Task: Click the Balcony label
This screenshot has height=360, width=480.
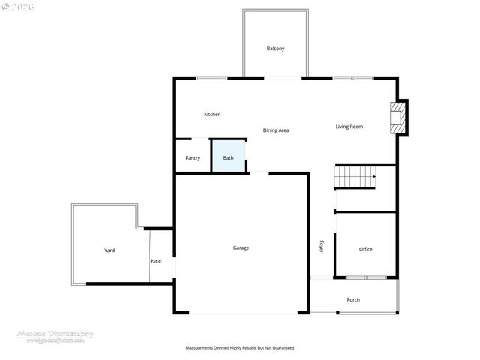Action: pos(275,49)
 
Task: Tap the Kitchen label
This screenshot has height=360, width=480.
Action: pos(212,115)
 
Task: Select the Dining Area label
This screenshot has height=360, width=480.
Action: pos(276,130)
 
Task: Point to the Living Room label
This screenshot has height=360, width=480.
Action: pos(349,127)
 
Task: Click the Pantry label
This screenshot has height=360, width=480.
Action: pos(193,158)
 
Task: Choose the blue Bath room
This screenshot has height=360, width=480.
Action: pos(229,157)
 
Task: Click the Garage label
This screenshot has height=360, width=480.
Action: pos(241,247)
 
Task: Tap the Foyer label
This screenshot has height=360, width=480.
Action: pos(322,246)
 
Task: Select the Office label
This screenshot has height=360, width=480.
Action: pos(365,249)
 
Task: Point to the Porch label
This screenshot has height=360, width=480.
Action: pos(353,300)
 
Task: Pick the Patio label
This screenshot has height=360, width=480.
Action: pos(156,261)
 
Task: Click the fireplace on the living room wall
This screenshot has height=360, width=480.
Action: pos(397,118)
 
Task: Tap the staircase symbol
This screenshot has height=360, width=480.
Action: pos(355,178)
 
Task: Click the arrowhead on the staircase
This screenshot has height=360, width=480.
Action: pos(373,178)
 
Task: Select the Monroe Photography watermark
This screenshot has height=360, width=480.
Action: pos(55,335)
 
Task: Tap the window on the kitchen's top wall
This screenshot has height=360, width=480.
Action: pos(211,78)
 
